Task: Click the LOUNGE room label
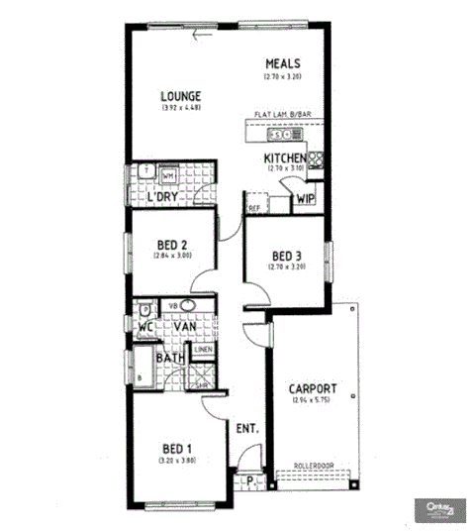point(181,96)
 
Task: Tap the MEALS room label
point(282,64)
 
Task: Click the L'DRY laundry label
point(161,197)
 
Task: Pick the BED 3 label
point(289,256)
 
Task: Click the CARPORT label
point(314,389)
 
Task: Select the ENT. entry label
point(246,429)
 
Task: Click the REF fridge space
point(253,209)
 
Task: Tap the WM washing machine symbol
point(168,175)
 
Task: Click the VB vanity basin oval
point(189,305)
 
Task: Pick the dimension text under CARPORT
point(314,401)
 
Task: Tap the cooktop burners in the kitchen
point(318,157)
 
